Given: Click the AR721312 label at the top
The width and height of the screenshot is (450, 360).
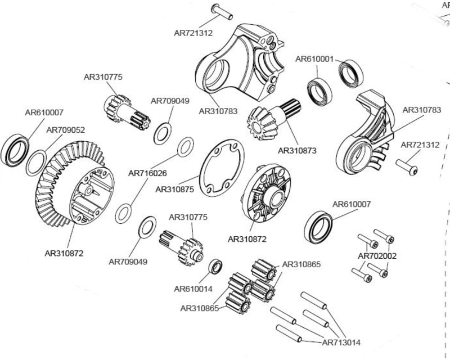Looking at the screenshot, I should click(x=193, y=33).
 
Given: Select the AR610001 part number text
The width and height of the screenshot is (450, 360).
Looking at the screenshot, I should click(x=315, y=58).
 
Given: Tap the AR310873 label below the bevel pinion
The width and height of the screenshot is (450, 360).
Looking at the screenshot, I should click(x=297, y=151).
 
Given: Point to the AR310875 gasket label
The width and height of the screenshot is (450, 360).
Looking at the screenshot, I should click(x=175, y=190).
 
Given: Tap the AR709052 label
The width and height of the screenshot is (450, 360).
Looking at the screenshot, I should click(x=65, y=130).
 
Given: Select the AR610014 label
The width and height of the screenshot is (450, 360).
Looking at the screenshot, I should click(x=193, y=289).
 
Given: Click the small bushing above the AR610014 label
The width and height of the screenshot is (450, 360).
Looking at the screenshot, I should click(x=216, y=266).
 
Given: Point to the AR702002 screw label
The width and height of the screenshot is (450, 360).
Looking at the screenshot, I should click(x=377, y=256).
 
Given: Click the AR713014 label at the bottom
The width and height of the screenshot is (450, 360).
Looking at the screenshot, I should click(x=341, y=343).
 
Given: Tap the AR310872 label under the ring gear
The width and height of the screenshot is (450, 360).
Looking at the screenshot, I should click(x=64, y=253).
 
